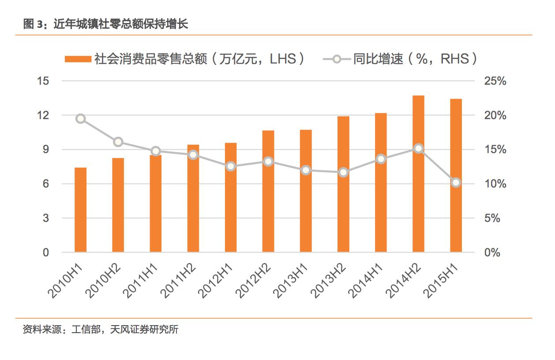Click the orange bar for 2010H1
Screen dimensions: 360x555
(x=80, y=210)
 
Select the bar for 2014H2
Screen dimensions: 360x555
(x=418, y=174)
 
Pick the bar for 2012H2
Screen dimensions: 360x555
(x=268, y=191)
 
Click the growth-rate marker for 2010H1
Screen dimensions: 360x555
(x=80, y=119)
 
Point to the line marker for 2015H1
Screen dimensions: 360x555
(x=456, y=183)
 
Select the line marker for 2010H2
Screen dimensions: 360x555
(x=118, y=142)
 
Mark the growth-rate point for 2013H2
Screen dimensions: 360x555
(x=343, y=172)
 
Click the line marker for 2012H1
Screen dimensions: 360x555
(x=231, y=167)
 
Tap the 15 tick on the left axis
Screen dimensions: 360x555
(x=44, y=81)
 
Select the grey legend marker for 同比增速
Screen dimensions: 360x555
(x=337, y=59)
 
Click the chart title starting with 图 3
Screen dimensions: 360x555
(x=105, y=24)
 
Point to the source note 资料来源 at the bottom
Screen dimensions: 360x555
(x=101, y=330)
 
